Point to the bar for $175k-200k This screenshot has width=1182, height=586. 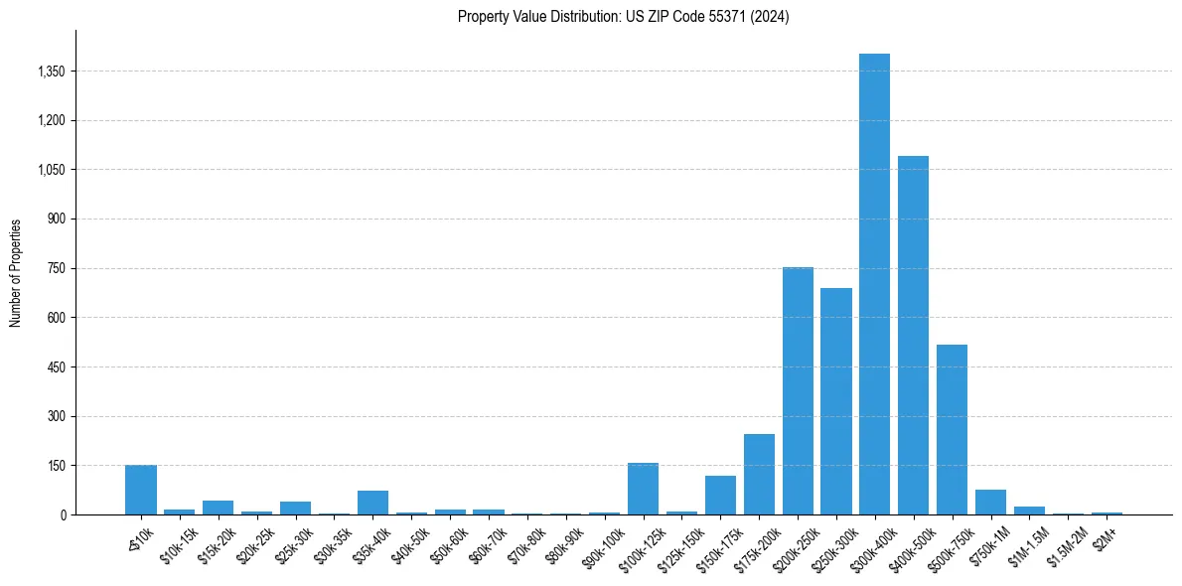coord(759,475)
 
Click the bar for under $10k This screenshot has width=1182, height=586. coord(141,490)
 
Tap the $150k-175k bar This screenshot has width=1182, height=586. coord(720,495)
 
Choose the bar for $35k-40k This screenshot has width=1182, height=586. coord(372,503)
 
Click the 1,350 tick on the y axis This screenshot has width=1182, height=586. coord(50,72)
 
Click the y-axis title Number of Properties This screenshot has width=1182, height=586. coord(15,272)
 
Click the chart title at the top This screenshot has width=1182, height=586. coord(623,17)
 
